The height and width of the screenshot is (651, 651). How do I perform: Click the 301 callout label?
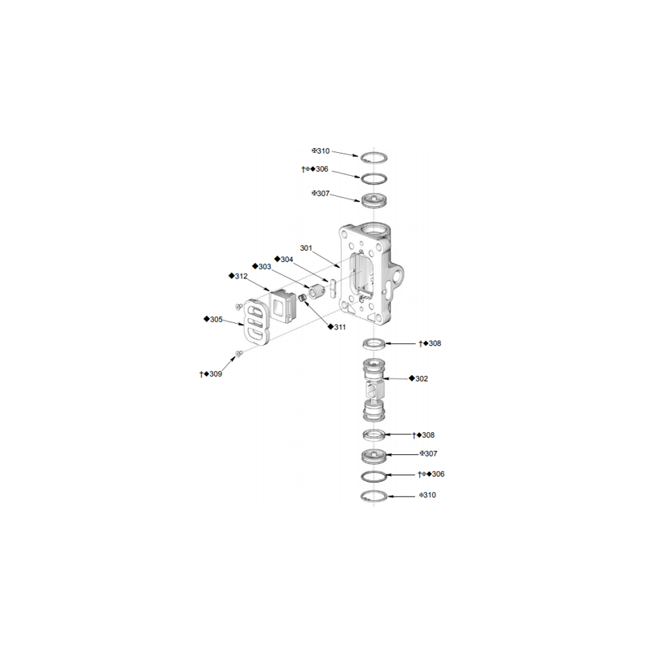coord(306,248)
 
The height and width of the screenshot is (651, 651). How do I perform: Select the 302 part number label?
coord(418,378)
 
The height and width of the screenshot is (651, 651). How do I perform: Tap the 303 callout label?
coord(261,267)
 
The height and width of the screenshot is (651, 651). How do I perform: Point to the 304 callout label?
coord(284,260)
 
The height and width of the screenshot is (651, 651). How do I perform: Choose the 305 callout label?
coord(213,319)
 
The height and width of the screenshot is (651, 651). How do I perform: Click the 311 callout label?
coord(337,327)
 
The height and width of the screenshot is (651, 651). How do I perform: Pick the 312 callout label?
coord(238,276)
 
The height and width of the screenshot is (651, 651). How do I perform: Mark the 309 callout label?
coord(211,374)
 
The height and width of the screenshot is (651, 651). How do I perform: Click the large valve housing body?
coord(371,274)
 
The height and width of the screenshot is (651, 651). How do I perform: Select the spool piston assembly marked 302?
coord(374,390)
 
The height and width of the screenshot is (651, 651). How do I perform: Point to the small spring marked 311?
coord(303,297)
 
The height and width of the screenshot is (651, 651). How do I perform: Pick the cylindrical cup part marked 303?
coord(317,291)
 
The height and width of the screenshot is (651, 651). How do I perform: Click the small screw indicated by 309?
coord(238,353)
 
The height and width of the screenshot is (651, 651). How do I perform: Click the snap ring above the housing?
coord(374,158)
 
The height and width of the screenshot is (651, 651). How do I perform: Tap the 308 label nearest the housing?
coord(430,343)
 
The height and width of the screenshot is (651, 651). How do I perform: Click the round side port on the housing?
coord(397,277)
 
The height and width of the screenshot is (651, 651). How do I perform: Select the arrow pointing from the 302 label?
coord(395,378)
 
